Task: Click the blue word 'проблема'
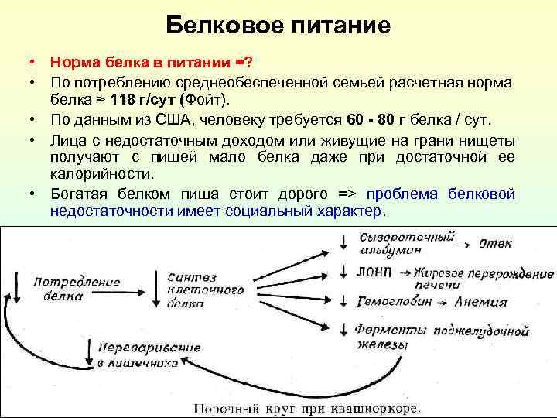click(x=405, y=194)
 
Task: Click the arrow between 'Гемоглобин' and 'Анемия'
click(x=443, y=302)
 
